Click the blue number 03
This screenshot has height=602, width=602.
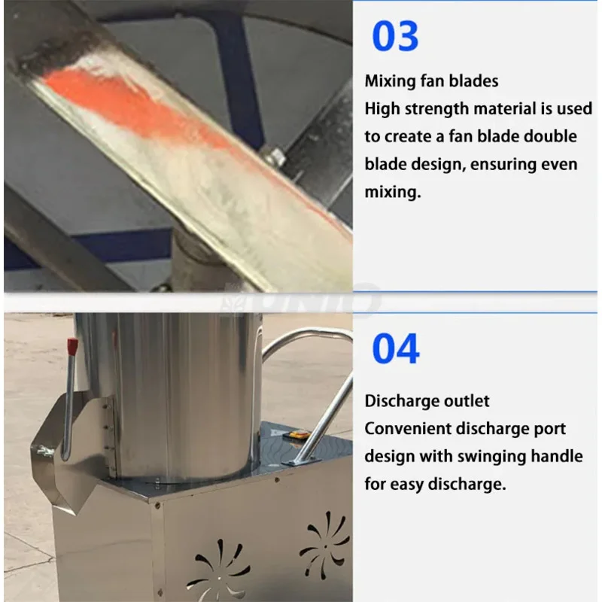point(395,36)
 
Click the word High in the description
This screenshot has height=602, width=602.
point(382,109)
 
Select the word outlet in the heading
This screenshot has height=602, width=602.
point(467,401)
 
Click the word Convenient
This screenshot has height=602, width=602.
point(407,429)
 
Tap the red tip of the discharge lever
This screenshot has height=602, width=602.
point(73,347)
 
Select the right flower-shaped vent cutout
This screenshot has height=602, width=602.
point(324,543)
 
